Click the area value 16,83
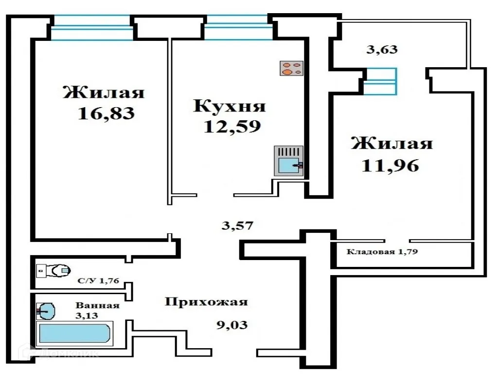[x=106, y=113]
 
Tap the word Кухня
[x=230, y=106]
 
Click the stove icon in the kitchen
[x=292, y=68]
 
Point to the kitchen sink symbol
[x=289, y=161]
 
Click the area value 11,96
[x=390, y=166]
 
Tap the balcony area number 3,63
[x=382, y=49]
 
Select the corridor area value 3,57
[x=237, y=225]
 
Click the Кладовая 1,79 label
[x=382, y=252]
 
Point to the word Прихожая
[x=206, y=302]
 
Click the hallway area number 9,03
[x=231, y=324]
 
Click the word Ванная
[x=97, y=305]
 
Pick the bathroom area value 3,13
[x=87, y=315]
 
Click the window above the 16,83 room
[x=92, y=28]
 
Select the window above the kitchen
[x=238, y=27]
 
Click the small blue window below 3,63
[x=380, y=81]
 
